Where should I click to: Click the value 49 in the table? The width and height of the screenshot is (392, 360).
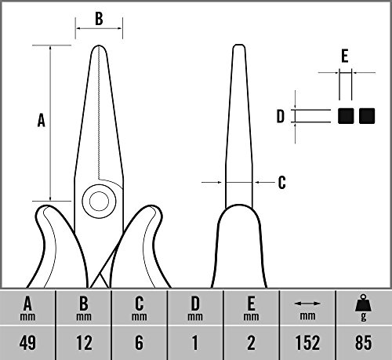27,343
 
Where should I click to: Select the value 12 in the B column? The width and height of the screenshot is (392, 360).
84,343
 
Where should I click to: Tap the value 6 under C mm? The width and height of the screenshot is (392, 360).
139,343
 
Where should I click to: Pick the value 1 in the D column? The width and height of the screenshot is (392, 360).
195,343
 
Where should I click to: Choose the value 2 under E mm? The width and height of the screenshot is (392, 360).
251,343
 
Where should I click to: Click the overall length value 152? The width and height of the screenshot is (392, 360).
307,343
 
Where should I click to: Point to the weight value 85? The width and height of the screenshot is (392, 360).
363,343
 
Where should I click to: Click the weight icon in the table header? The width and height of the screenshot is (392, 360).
363,304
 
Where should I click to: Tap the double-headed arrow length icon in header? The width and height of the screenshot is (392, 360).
307,304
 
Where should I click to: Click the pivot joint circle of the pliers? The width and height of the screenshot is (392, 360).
99,201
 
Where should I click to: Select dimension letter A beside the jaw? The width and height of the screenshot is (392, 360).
41,120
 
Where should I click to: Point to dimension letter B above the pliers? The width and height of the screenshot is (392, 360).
99,18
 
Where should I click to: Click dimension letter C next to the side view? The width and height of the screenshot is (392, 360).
281,182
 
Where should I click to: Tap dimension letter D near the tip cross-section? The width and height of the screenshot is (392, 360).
281,116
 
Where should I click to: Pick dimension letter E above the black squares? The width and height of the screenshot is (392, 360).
345,56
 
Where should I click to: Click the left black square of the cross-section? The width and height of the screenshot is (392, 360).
346,116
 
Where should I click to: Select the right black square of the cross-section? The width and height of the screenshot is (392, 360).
367,116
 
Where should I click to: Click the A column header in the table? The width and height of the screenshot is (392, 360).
27,308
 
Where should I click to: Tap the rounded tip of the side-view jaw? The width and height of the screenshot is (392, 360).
239,46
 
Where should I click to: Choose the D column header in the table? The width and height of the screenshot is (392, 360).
195,308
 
